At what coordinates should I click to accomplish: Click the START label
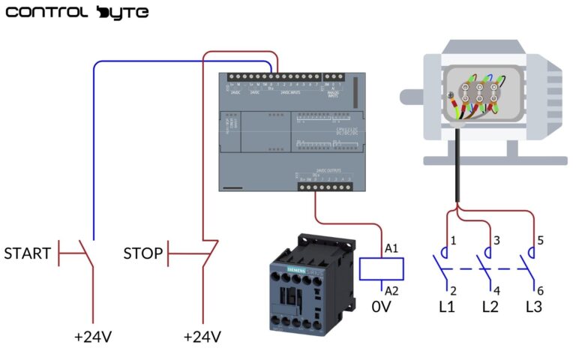[28, 253]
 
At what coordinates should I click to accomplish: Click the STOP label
[142, 253]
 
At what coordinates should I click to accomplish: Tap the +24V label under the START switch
[92, 337]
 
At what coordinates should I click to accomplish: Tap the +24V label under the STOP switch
[202, 337]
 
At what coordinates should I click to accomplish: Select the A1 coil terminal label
[391, 248]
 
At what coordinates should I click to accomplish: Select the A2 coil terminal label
[391, 289]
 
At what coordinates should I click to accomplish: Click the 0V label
[382, 307]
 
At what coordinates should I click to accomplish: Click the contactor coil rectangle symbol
[382, 268]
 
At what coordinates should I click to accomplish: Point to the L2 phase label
[490, 307]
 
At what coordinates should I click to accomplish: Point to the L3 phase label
[533, 307]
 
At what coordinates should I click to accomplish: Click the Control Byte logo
[76, 13]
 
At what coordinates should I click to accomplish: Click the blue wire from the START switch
[94, 150]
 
